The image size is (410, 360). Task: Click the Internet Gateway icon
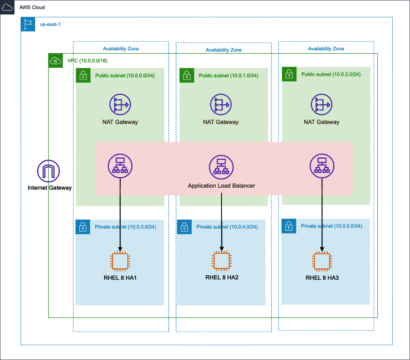(x=49, y=171)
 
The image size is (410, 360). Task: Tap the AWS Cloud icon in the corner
(x=7, y=7)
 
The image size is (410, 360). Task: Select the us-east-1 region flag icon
(x=28, y=24)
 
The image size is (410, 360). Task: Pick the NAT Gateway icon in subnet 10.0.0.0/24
(x=120, y=105)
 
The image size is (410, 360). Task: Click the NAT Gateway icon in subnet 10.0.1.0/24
(x=221, y=105)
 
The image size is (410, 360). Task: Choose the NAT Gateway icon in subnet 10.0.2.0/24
(x=322, y=105)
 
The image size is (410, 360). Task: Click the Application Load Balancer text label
(x=222, y=186)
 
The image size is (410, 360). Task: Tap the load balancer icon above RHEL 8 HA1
(x=120, y=166)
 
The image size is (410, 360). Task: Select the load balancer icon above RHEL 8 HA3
(x=322, y=166)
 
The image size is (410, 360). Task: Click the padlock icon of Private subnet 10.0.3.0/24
(x=83, y=227)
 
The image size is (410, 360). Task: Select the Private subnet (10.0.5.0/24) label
(x=331, y=226)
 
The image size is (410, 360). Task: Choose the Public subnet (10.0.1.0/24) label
(x=229, y=76)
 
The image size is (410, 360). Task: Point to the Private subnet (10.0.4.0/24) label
(x=227, y=227)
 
